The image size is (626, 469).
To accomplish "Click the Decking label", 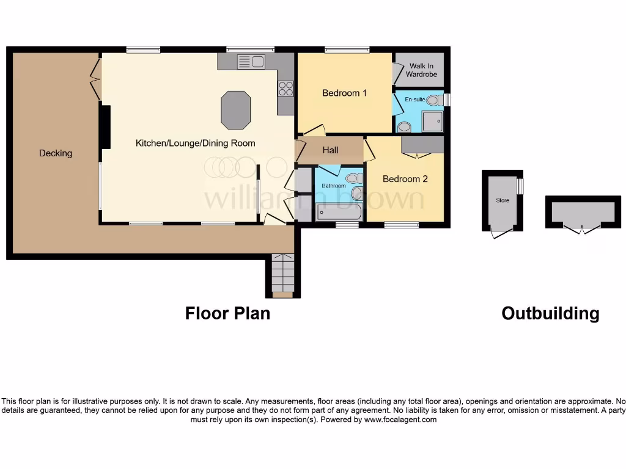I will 56,153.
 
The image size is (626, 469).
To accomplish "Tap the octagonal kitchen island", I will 236,111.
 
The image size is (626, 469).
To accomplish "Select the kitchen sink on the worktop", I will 250,61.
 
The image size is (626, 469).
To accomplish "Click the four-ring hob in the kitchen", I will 285,89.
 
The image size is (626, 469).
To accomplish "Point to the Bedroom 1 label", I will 344,93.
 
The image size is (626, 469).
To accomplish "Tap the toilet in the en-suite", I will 435,100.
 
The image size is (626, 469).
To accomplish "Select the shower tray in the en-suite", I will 432,122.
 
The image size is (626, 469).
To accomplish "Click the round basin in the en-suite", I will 404,127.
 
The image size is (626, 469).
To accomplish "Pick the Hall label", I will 330,150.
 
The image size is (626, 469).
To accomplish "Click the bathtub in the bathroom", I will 339,213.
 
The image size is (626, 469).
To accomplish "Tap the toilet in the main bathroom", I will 353,178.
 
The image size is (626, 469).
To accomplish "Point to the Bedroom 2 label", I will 405,179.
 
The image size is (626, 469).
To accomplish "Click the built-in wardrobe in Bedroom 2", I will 422,145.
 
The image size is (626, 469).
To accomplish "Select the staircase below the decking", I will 283,274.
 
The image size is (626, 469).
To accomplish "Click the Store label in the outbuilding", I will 502,200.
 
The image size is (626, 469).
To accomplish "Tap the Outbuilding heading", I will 550,313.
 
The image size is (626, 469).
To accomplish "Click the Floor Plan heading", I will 227,313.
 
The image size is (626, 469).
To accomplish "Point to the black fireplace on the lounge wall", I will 105,127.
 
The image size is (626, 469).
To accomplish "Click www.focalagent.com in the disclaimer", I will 400,420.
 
